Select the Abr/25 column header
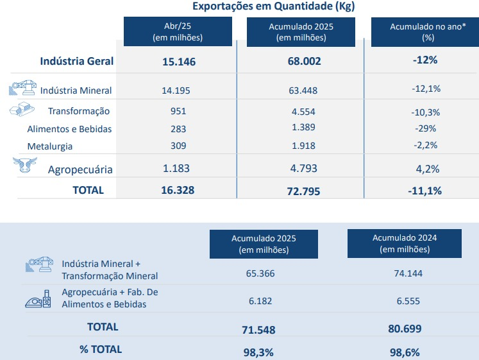177,32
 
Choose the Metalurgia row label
49,146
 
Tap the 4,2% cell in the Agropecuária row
425,170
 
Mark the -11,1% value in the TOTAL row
424,191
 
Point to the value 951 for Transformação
178,111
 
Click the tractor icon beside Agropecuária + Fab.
38,298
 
